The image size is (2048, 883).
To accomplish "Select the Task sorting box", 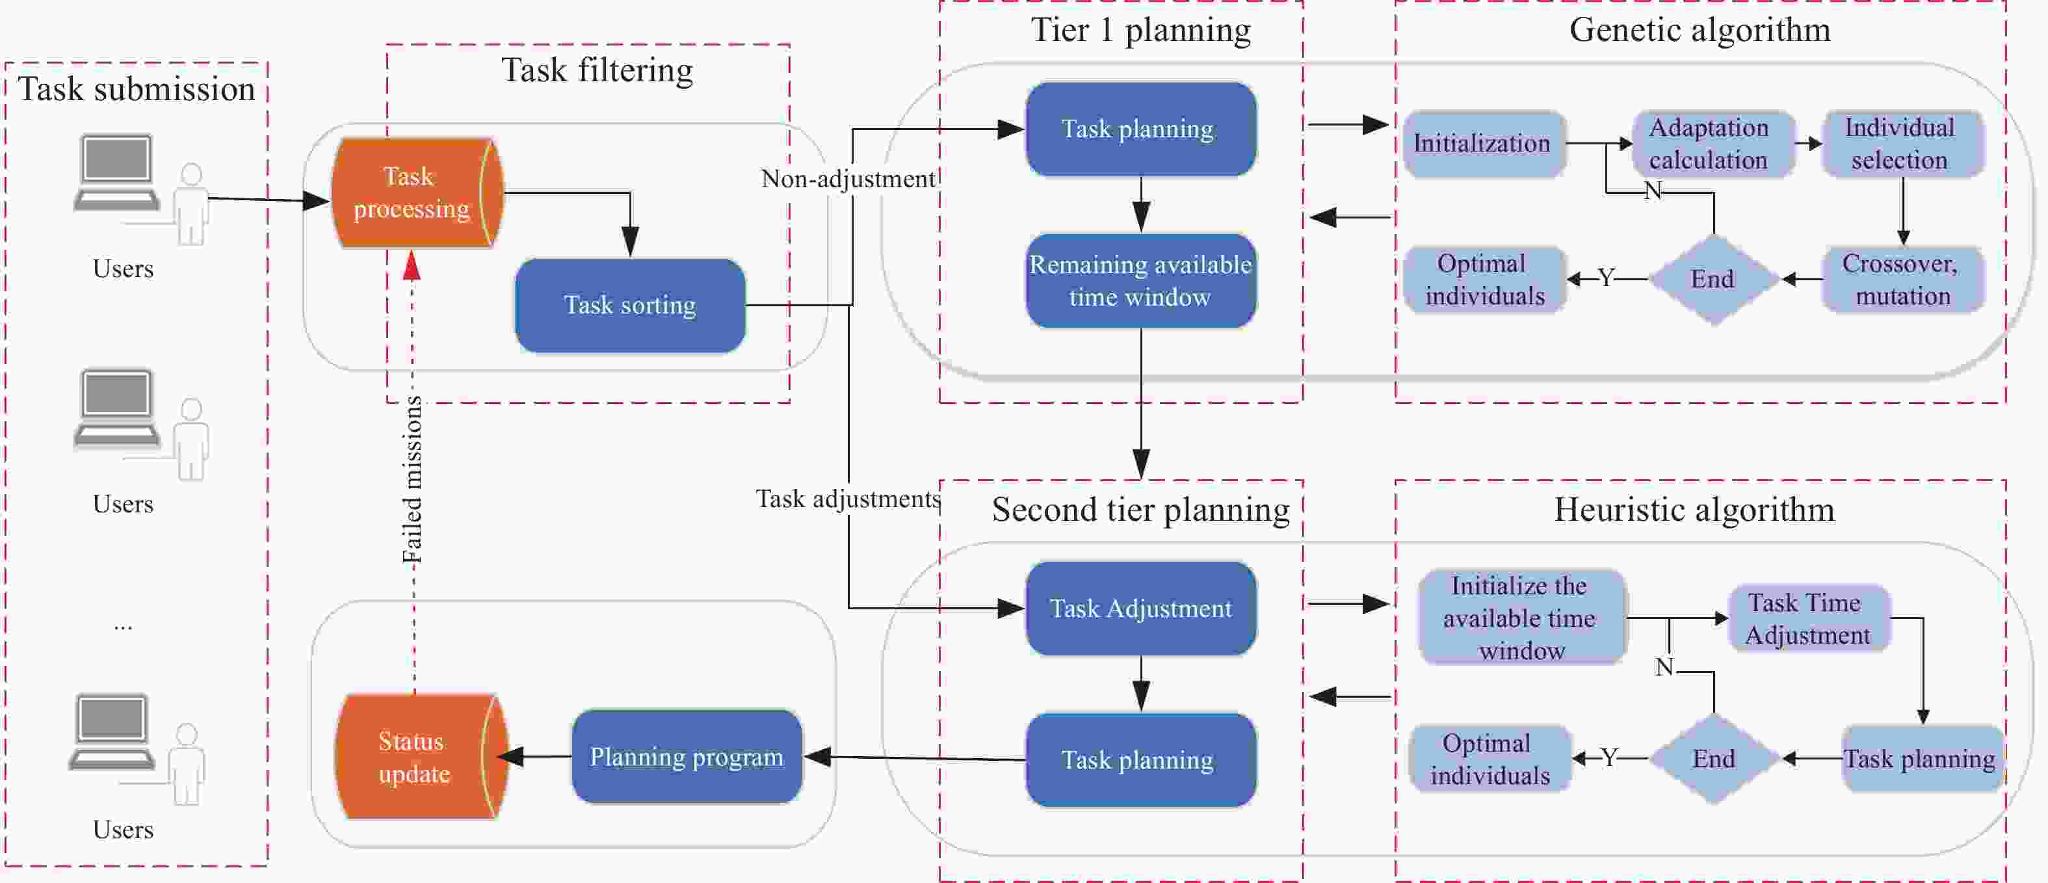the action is pyautogui.click(x=631, y=305).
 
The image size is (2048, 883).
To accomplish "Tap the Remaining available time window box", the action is pyautogui.click(x=1141, y=280).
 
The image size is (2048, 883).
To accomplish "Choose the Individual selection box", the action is pyautogui.click(x=1902, y=144).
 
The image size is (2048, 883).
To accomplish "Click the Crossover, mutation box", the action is pyautogui.click(x=1902, y=280).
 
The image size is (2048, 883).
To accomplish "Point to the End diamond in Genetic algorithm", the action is pyautogui.click(x=1714, y=280).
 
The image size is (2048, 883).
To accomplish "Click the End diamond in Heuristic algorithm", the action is pyautogui.click(x=1714, y=759).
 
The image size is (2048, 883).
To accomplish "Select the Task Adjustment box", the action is pyautogui.click(x=1141, y=609).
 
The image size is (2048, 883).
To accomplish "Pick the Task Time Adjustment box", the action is pyautogui.click(x=1809, y=619).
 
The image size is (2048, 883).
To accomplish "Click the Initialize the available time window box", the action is pyautogui.click(x=1521, y=618).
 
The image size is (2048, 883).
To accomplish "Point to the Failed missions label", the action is pyautogui.click(x=412, y=479).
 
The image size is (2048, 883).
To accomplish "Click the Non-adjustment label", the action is pyautogui.click(x=848, y=179).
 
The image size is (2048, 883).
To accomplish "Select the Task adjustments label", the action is pyautogui.click(x=848, y=499).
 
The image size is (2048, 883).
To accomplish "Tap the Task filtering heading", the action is pyautogui.click(x=597, y=71).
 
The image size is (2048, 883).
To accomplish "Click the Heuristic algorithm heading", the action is pyautogui.click(x=1694, y=510).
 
